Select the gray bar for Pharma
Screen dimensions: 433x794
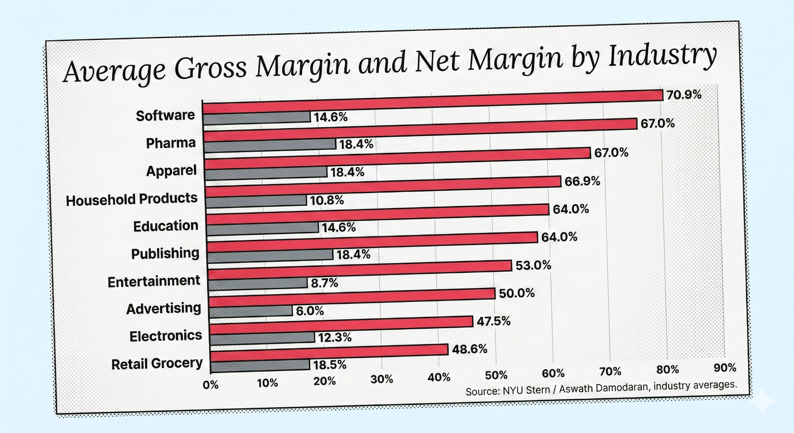click(x=270, y=144)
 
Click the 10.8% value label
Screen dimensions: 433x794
click(x=327, y=200)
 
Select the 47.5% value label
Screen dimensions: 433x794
click(x=493, y=321)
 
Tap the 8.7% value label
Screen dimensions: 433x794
click(x=324, y=283)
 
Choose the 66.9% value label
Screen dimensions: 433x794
click(x=582, y=181)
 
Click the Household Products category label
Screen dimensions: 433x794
click(x=132, y=199)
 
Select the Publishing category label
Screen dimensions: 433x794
click(x=165, y=253)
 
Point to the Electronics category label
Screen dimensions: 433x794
click(x=165, y=336)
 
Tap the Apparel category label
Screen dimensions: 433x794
click(x=171, y=170)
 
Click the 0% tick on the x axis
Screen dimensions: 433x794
click(x=210, y=385)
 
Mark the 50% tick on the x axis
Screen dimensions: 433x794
click(x=496, y=375)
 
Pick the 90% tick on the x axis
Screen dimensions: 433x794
click(x=725, y=368)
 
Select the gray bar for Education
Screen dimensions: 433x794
click(x=262, y=228)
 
